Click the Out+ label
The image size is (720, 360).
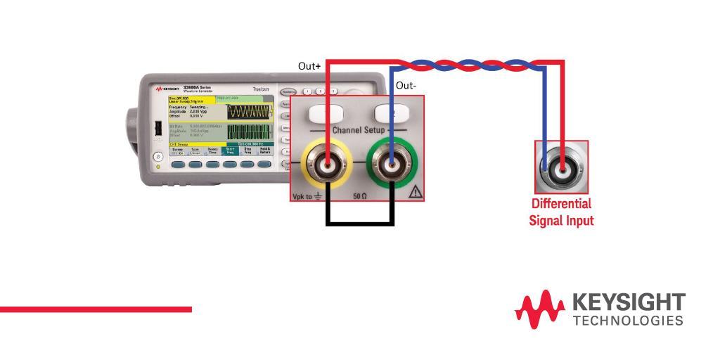(309, 66)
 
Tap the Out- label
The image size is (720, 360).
(406, 86)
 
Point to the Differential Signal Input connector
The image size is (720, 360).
(561, 167)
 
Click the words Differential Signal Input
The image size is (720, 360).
(561, 212)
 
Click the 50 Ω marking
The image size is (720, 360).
(361, 195)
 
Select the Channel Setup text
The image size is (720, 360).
(356, 131)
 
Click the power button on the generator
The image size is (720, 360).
(159, 156)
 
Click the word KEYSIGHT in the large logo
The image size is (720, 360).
(629, 303)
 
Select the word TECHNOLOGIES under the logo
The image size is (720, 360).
(629, 321)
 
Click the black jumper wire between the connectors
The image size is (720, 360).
(360, 224)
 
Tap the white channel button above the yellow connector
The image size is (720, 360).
(321, 112)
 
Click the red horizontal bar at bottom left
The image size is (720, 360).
(96, 309)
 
